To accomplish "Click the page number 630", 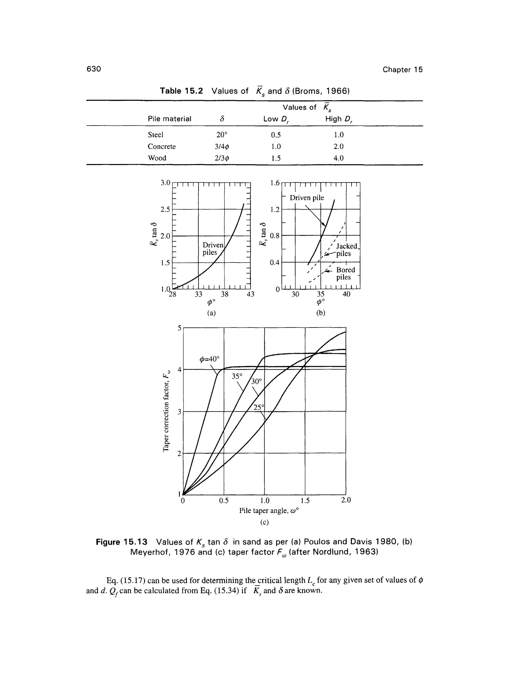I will (94, 69).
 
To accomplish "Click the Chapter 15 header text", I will (402, 70).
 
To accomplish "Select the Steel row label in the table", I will (156, 135).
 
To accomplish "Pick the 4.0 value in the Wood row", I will (338, 158).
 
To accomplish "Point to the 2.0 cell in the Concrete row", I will (338, 146).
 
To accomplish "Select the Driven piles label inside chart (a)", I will (213, 249).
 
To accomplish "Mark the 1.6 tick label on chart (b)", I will (275, 183).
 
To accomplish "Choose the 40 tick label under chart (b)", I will (347, 294).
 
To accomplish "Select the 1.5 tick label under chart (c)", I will (305, 501).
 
